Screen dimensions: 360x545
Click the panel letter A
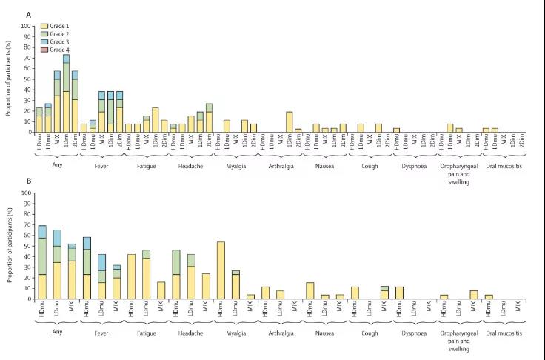pyautogui.click(x=27, y=15)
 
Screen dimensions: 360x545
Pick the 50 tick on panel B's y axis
pyautogui.click(x=30, y=246)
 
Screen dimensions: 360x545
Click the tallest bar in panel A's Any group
pyautogui.click(x=66, y=93)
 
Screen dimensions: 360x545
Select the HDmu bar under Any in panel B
pyautogui.click(x=41, y=262)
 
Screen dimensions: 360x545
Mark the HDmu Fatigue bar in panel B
pyautogui.click(x=131, y=276)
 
